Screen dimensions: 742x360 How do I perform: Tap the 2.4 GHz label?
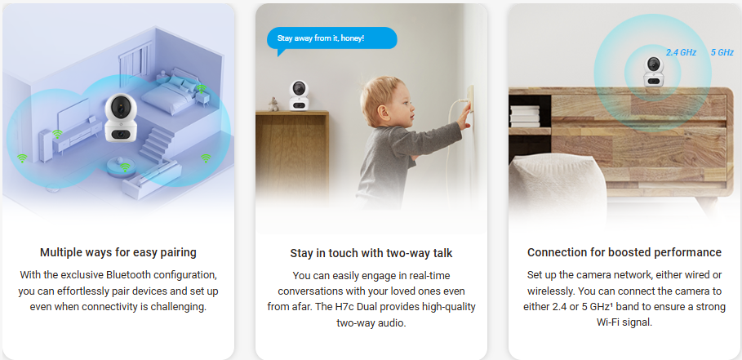[x=681, y=52]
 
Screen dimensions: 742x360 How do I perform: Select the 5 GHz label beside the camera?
[x=722, y=52]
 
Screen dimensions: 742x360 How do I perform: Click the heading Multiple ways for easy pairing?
[x=118, y=252]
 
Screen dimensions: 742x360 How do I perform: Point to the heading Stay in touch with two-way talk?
[x=371, y=253]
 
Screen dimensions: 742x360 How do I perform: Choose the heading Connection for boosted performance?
[x=624, y=252]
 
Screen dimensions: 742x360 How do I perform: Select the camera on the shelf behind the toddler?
[x=299, y=96]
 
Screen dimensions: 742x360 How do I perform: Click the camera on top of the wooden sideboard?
[x=653, y=72]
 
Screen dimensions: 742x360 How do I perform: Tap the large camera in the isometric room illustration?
[x=120, y=118]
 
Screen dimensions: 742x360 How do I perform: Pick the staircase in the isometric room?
[x=157, y=144]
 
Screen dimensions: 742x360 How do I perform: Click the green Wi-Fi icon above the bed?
[x=201, y=88]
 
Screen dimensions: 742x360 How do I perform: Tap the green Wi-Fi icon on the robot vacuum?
[x=125, y=167]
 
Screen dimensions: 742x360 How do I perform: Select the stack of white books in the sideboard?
[x=524, y=117]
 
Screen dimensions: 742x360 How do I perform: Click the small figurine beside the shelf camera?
[x=273, y=104]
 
